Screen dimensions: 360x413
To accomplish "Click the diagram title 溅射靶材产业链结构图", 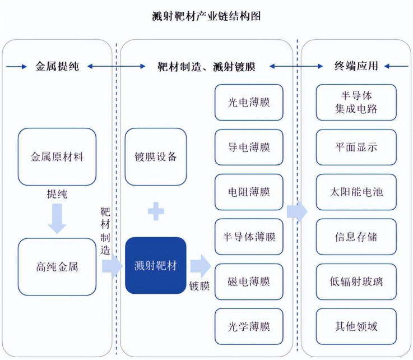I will pyautogui.click(x=206, y=16).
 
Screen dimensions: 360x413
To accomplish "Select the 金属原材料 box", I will pyautogui.click(x=57, y=156).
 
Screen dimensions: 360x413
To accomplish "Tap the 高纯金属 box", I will pyautogui.click(x=57, y=266).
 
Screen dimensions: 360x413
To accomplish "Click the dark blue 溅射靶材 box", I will pyautogui.click(x=156, y=265).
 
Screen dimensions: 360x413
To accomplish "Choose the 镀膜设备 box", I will pyautogui.click(x=156, y=156).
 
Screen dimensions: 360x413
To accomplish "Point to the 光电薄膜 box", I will pyautogui.click(x=249, y=102).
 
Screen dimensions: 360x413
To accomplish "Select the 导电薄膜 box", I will pyautogui.click(x=249, y=147).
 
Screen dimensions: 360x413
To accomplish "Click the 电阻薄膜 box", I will pyautogui.click(x=249, y=192).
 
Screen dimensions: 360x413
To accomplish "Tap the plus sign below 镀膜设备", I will pyautogui.click(x=156, y=212).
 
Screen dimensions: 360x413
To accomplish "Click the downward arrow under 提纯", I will pyautogui.click(x=57, y=219).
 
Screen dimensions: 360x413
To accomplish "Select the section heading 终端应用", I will pyautogui.click(x=356, y=66).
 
